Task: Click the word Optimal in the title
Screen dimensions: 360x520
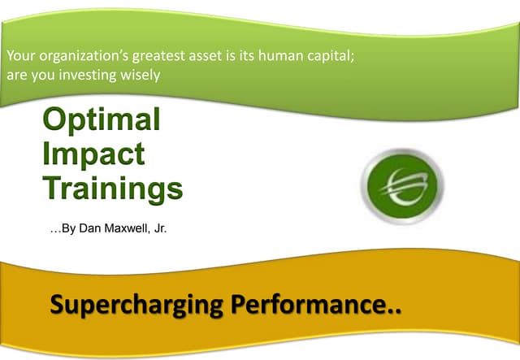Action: [101, 121]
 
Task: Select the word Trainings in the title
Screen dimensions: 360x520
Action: [113, 189]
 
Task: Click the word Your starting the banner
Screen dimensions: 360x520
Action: [19, 57]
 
